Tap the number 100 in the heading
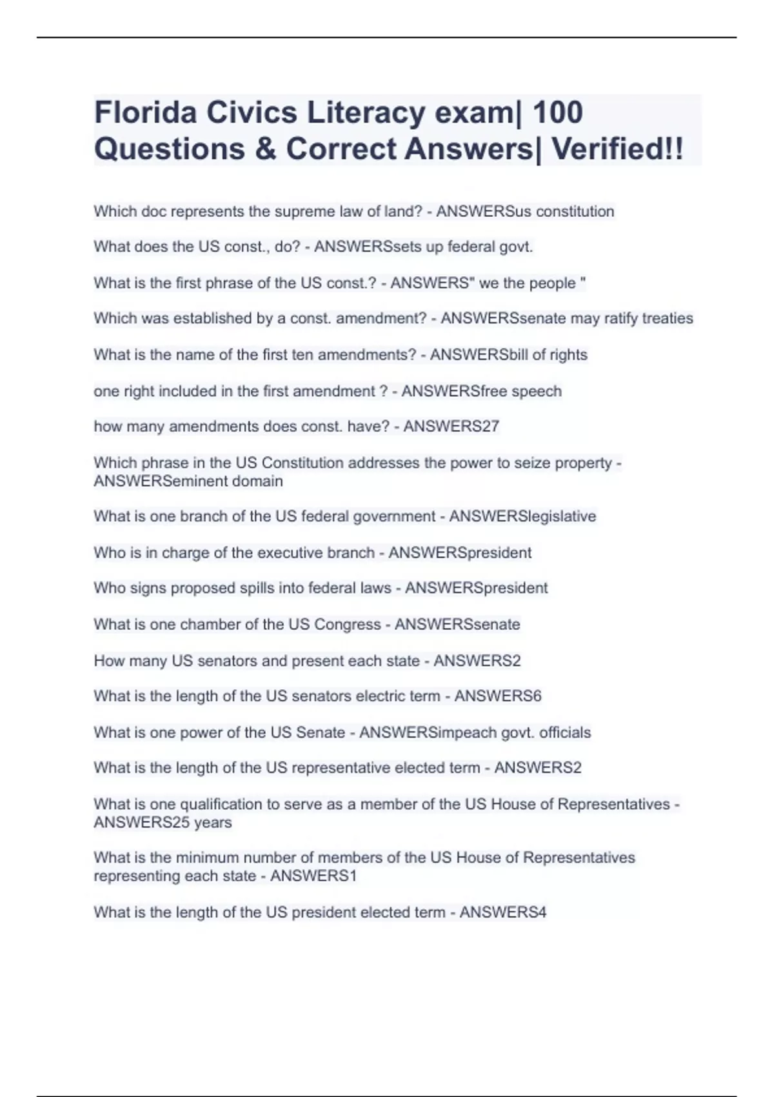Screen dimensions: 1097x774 [558, 112]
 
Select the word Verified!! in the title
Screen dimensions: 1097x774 [617, 149]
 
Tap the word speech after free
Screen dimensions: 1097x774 [537, 391]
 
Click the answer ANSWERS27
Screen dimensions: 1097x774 [451, 427]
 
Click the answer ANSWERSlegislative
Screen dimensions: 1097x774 [522, 516]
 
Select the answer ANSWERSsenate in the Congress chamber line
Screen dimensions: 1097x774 [457, 625]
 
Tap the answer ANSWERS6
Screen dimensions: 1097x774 [498, 696]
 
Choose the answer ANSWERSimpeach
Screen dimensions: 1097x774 [428, 732]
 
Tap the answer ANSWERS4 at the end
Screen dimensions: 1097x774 [503, 912]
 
